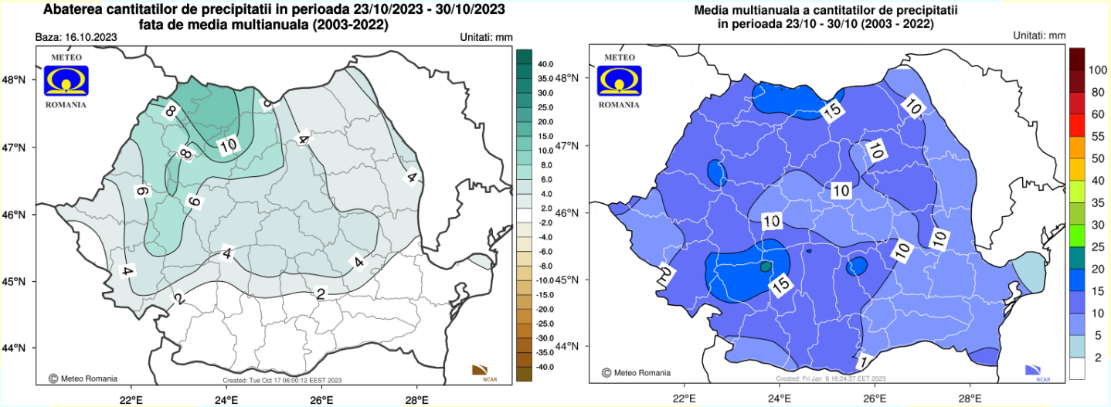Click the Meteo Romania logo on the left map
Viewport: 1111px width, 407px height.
(66, 80)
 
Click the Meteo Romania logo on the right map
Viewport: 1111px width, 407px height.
(619, 80)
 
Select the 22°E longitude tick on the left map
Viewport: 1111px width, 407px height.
(130, 399)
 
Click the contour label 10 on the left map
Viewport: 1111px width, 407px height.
(228, 145)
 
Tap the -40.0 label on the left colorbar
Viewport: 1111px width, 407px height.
(545, 366)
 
